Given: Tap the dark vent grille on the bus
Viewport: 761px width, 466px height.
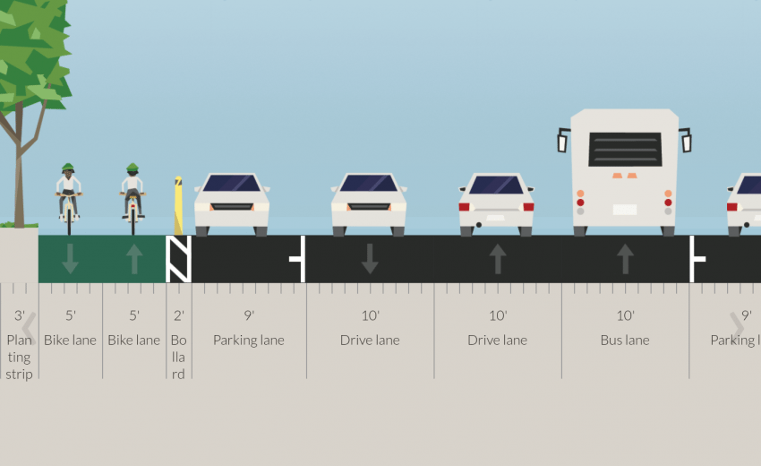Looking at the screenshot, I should point(625,149).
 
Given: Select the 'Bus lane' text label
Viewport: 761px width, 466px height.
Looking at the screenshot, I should point(625,341).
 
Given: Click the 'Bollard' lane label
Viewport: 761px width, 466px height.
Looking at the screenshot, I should point(179,357).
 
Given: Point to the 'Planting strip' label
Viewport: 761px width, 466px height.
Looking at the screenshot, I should point(19,357).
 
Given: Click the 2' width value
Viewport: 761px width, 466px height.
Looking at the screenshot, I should point(179,315).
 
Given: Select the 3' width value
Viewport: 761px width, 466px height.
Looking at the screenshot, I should point(19,315).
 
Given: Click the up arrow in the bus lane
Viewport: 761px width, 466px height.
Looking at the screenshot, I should point(625,259).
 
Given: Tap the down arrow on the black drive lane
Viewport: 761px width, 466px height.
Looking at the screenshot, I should point(370,259).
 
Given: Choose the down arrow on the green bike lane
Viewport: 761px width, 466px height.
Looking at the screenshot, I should point(70,259).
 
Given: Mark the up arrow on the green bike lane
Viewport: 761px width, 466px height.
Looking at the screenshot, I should point(134,259).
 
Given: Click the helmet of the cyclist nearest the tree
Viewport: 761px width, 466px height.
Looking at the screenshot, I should point(69,168).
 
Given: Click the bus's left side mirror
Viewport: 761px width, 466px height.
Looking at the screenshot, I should point(563,141).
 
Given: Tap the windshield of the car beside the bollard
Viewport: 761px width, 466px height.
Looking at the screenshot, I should point(232,184).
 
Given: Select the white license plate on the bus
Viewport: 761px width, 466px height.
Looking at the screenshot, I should point(625,210).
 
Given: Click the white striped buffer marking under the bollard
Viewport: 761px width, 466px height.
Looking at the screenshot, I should point(179,259).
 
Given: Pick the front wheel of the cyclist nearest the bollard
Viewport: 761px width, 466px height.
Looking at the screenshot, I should point(133,220).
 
